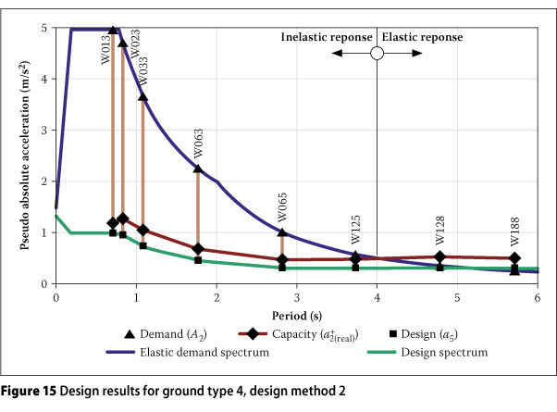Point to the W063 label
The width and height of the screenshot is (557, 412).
click(198, 144)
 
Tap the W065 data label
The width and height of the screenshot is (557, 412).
click(282, 209)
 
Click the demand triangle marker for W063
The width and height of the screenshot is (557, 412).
click(198, 168)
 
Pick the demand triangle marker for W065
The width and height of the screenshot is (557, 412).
click(282, 232)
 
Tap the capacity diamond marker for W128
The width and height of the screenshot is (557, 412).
click(439, 257)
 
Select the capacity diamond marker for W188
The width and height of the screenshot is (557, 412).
click(514, 258)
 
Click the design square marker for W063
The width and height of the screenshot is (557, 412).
click(198, 260)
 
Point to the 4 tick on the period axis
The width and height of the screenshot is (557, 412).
click(377, 298)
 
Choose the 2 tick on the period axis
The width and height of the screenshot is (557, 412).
click(217, 298)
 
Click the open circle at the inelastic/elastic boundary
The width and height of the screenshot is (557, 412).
click(377, 54)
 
